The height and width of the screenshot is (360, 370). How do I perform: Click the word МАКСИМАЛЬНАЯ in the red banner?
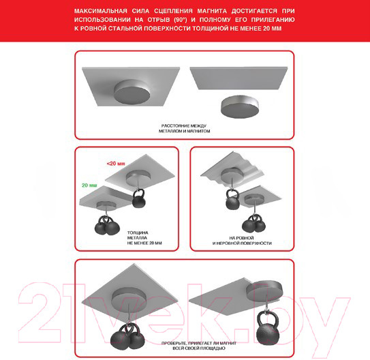click(101, 11)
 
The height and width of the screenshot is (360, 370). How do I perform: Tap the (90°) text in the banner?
click(181, 20)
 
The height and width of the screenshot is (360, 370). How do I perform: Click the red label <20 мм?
click(116, 164)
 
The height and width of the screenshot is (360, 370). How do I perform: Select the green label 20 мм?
click(89, 185)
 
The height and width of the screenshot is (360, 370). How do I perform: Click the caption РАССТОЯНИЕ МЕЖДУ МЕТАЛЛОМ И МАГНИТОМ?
click(184, 128)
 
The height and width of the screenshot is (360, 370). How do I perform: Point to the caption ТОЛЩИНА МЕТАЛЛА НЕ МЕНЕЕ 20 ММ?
click(144, 238)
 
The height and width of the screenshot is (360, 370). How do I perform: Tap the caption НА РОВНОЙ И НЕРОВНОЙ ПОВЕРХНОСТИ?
click(242, 241)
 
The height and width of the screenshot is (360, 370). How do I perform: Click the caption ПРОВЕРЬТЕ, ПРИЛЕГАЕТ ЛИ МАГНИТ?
click(199, 343)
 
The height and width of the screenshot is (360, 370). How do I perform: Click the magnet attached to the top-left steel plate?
click(132, 92)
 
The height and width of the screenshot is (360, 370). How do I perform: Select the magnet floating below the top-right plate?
click(240, 106)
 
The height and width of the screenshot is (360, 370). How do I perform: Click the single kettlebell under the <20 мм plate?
click(138, 198)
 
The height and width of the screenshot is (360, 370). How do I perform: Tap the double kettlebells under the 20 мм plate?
click(107, 226)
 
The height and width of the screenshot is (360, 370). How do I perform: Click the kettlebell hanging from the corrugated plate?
click(232, 200)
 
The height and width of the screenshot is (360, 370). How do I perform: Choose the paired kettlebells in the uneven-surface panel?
click(254, 224)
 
